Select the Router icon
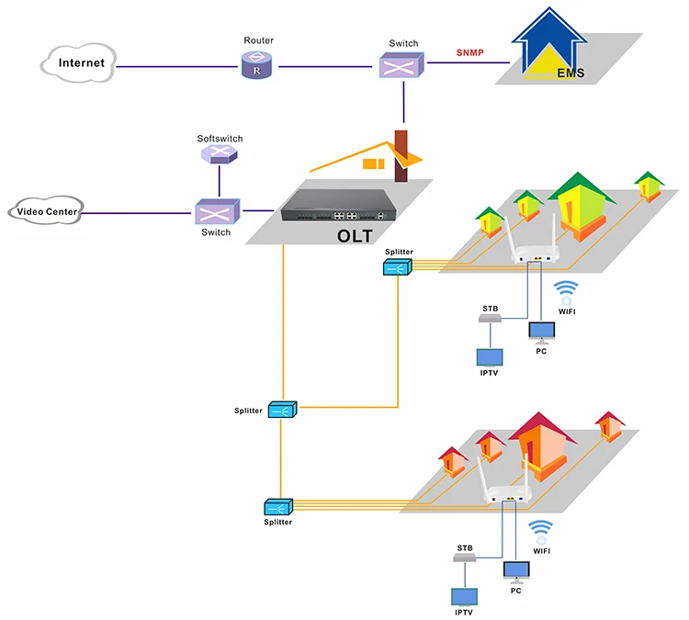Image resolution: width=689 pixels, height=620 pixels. tap(258, 65)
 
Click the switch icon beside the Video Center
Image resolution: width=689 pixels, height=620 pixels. tap(217, 212)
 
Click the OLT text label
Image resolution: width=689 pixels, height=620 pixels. tap(356, 236)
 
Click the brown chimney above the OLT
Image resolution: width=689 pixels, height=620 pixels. tap(400, 155)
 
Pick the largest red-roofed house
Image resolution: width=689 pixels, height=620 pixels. tap(542, 448)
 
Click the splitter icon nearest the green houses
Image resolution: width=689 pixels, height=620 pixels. tap(398, 266)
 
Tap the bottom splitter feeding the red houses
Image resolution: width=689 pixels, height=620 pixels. tap(277, 506)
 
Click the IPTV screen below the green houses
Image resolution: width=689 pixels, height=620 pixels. tap(490, 359)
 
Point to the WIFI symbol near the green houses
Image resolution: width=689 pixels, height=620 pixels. tap(566, 292)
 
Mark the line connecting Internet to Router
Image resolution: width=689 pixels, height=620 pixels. tap(175, 66)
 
